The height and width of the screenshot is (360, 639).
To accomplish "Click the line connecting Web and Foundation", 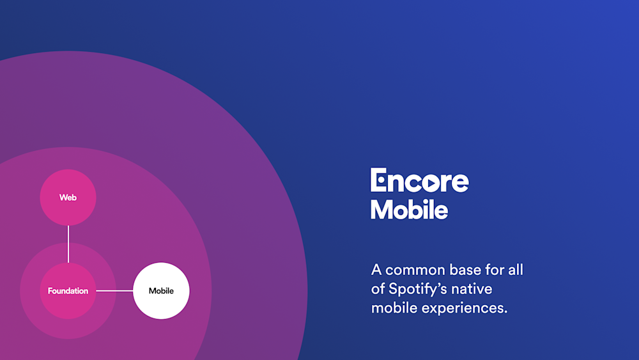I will [x=68, y=244].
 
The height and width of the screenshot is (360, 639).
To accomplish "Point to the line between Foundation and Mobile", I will [x=114, y=291].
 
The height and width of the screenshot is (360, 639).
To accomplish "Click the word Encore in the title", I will [x=419, y=181].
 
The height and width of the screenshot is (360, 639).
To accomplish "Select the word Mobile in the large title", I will [x=409, y=210].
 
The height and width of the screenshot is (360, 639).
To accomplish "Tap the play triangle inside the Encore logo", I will [x=430, y=183].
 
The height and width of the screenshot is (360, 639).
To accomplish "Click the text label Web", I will [x=68, y=198].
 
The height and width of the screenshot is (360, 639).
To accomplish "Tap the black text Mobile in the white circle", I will [x=161, y=291].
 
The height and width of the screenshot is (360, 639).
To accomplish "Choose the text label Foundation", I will [x=68, y=291].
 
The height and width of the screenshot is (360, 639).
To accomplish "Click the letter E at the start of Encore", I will [x=378, y=180].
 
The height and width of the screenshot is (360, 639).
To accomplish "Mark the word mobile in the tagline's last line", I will [x=392, y=308].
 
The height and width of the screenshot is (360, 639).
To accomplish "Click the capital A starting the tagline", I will [x=376, y=270].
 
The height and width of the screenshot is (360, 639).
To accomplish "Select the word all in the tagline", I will [x=514, y=270].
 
